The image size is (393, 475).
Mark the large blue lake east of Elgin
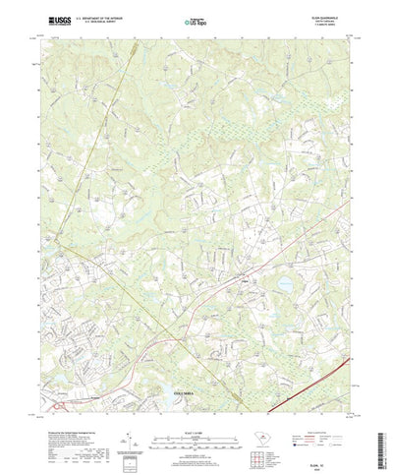[x=283, y=286]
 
